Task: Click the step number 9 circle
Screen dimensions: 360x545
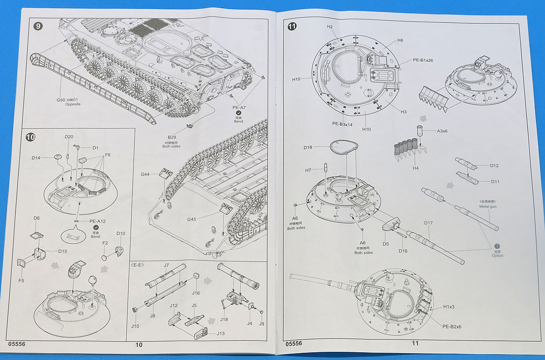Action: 38,26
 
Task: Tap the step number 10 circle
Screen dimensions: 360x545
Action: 31,136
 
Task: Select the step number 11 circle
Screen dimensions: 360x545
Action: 292,26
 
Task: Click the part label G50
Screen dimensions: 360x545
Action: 61,100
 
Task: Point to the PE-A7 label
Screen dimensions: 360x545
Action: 239,108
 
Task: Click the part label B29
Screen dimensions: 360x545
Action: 172,137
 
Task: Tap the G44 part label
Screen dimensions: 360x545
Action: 145,174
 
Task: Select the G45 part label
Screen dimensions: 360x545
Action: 191,219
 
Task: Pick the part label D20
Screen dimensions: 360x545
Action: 69,137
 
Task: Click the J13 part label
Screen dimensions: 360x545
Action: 220,333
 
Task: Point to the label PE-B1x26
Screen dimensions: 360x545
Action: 423,60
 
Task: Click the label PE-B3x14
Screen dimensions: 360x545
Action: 341,123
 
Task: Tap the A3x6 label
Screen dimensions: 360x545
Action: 442,131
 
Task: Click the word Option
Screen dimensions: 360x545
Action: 497,255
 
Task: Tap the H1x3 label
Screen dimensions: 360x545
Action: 449,307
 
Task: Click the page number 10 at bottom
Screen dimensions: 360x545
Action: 139,345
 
